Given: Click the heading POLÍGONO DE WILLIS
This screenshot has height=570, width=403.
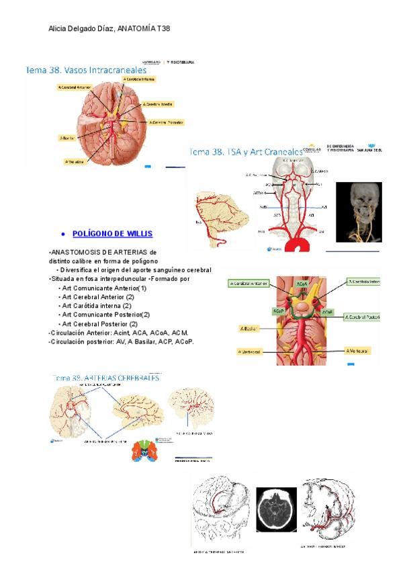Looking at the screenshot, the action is point(112,234).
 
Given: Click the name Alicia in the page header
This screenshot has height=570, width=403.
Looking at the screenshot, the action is point(60,29).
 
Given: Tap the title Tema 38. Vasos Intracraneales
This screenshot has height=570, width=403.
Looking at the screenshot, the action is point(85,69).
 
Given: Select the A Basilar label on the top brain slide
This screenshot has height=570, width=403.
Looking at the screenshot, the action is point(66,138).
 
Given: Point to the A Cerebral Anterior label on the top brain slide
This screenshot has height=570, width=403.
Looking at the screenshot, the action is point(75,87).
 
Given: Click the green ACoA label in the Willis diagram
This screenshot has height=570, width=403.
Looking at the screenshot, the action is point(302,284).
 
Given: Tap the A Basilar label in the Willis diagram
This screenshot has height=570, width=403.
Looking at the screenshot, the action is point(249,329).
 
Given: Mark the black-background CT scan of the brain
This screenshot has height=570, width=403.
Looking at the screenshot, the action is point(276,510).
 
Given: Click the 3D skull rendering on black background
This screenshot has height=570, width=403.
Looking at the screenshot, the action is point(359,212).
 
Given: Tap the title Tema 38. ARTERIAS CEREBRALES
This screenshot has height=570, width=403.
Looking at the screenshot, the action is point(106,378).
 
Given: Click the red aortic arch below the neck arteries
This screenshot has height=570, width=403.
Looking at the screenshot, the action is point(293,244).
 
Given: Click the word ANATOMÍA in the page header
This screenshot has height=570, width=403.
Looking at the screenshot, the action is point(136,29).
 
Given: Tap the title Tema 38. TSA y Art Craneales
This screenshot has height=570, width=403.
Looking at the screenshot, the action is point(246,152).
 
